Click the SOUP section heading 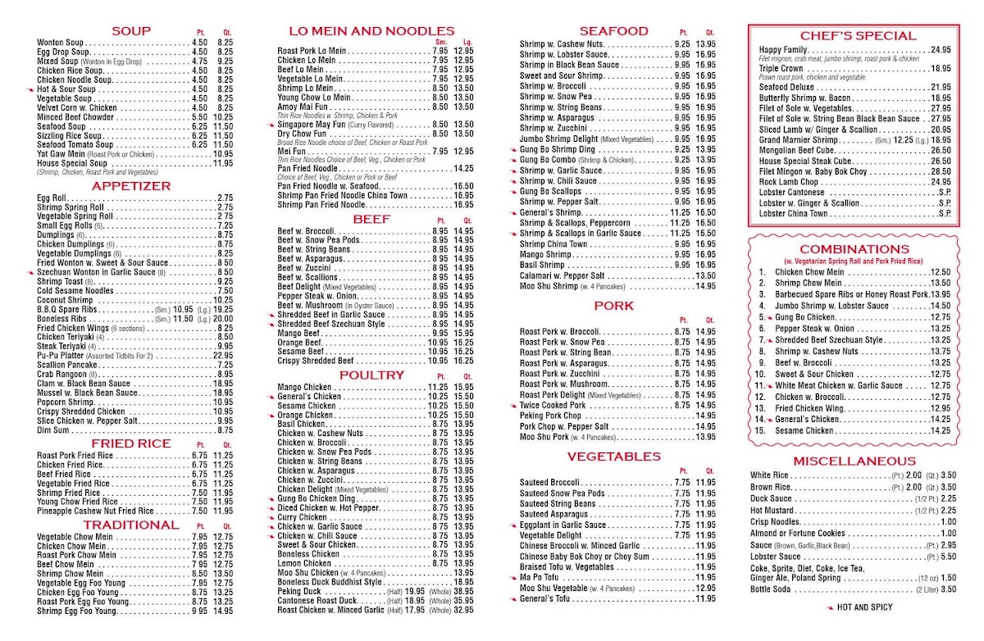[x=131, y=31]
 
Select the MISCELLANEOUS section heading [x=854, y=461]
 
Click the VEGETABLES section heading [x=613, y=456]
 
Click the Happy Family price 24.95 [x=941, y=50]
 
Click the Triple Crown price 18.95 [x=941, y=69]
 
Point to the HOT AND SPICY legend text [x=863, y=607]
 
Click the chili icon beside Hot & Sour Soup [x=31, y=89]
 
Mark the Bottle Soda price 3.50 [x=948, y=589]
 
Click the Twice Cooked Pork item [x=553, y=405]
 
